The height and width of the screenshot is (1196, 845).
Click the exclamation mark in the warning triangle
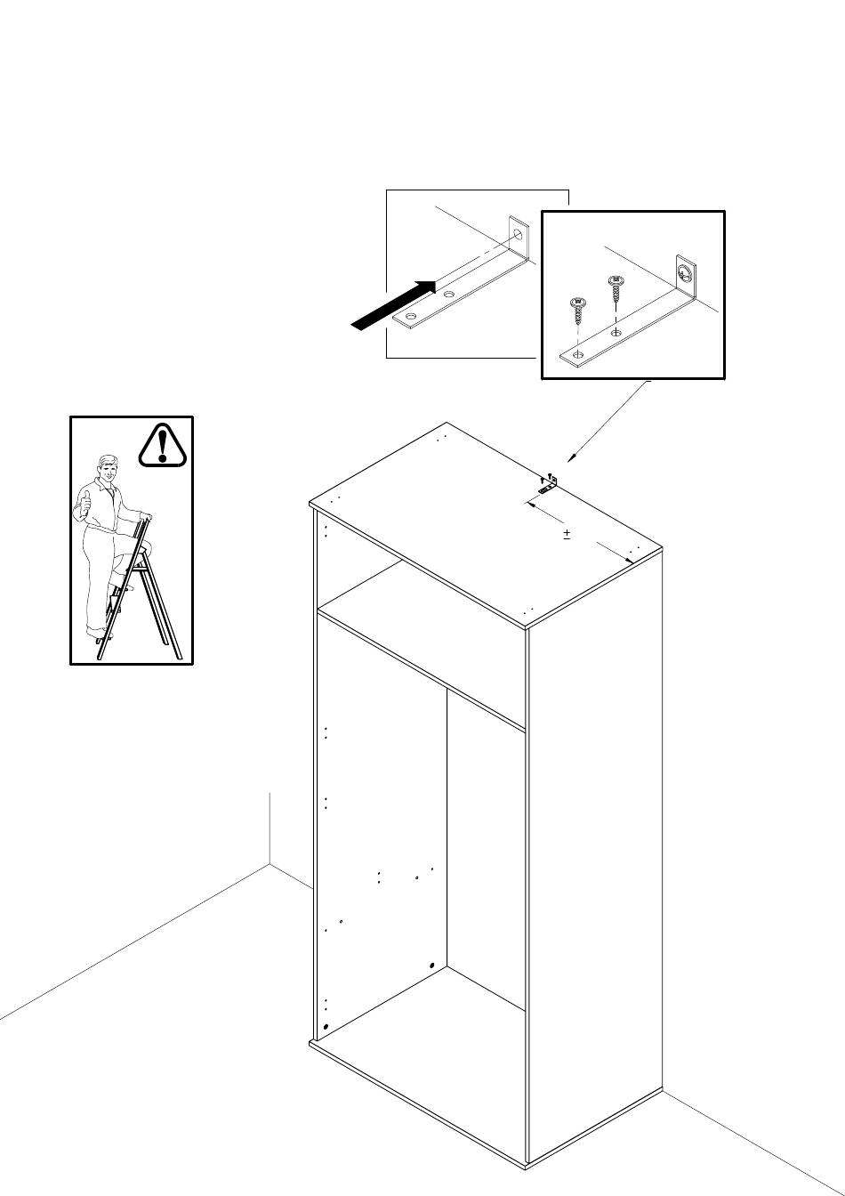[162, 443]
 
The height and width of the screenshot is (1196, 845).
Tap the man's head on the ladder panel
[108, 468]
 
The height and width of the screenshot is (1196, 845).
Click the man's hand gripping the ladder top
[146, 518]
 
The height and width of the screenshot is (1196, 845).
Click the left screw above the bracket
[577, 311]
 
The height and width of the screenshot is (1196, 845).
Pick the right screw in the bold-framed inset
[615, 290]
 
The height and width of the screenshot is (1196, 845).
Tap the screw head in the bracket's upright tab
[684, 271]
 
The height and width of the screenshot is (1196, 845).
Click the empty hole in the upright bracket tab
[517, 235]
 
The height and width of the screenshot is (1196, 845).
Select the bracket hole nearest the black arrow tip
[449, 294]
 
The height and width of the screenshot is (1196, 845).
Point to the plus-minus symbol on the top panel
[567, 534]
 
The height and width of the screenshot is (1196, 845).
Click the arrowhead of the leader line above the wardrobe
[569, 458]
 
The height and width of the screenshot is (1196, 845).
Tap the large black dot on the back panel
[431, 966]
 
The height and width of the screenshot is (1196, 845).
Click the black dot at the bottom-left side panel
[326, 1027]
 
